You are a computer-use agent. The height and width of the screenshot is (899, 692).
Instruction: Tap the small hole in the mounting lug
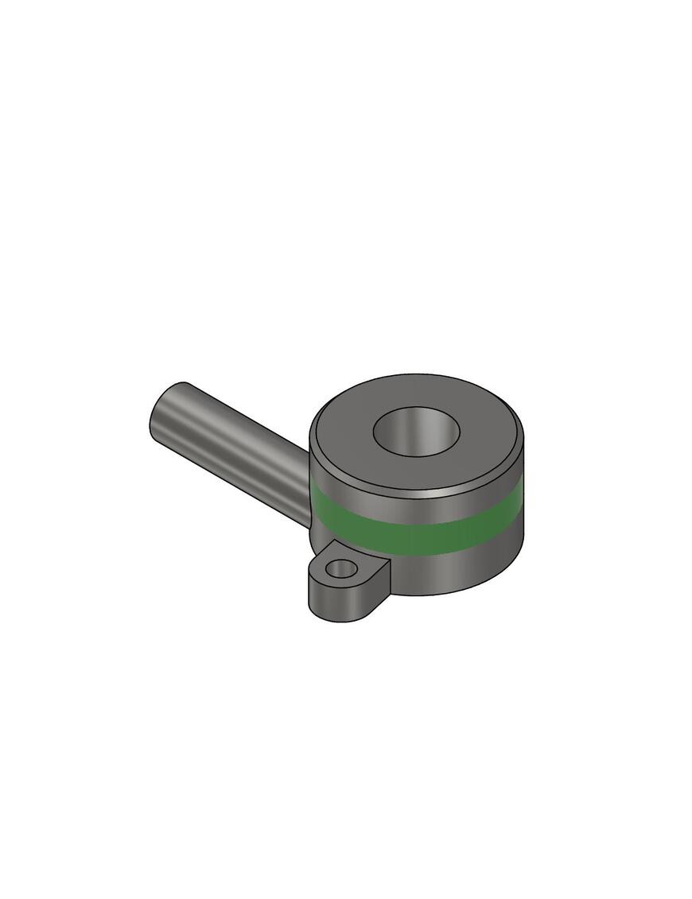point(342,568)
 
